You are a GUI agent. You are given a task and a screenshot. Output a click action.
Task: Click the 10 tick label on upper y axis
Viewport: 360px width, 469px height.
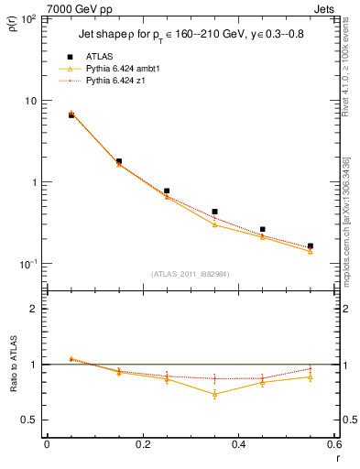[x=34, y=101]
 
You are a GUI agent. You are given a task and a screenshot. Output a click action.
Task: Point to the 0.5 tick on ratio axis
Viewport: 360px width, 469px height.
[x=32, y=420]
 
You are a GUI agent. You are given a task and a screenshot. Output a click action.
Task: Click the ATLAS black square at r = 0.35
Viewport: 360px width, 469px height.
[x=214, y=212]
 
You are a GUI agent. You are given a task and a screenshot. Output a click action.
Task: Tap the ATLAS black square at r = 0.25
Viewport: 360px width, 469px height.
[x=167, y=191]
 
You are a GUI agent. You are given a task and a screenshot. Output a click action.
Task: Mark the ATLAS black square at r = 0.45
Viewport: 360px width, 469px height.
[x=262, y=230]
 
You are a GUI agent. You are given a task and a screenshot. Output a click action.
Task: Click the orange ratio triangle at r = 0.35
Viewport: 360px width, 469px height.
[x=214, y=394]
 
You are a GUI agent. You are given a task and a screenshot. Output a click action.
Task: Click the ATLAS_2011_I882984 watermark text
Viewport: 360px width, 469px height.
[x=191, y=273]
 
